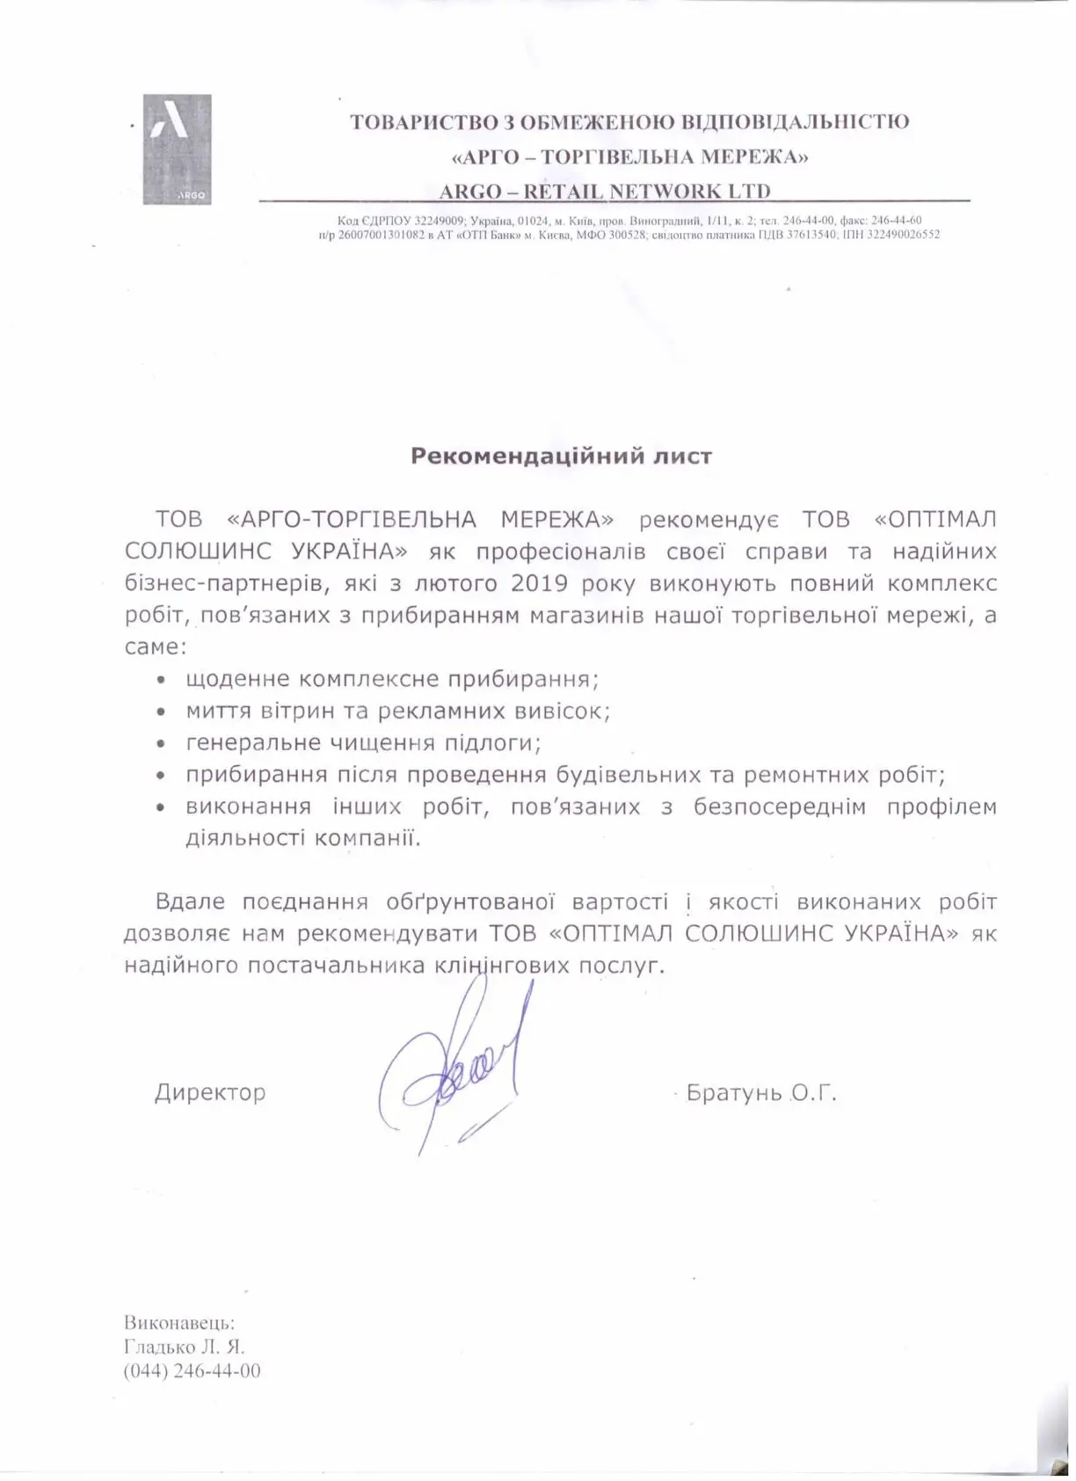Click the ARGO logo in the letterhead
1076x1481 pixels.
pos(177,149)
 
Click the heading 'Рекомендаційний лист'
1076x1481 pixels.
pos(562,456)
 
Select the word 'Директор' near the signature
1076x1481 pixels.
pos(210,1093)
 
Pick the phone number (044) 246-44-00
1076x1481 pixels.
pos(193,1371)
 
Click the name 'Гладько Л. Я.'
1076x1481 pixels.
pos(185,1346)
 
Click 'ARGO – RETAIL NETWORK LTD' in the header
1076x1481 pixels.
pos(605,191)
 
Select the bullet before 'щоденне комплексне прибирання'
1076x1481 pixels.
pos(160,681)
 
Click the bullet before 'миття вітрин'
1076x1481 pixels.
pos(160,712)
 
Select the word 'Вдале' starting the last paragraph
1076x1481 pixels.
pos(190,902)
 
